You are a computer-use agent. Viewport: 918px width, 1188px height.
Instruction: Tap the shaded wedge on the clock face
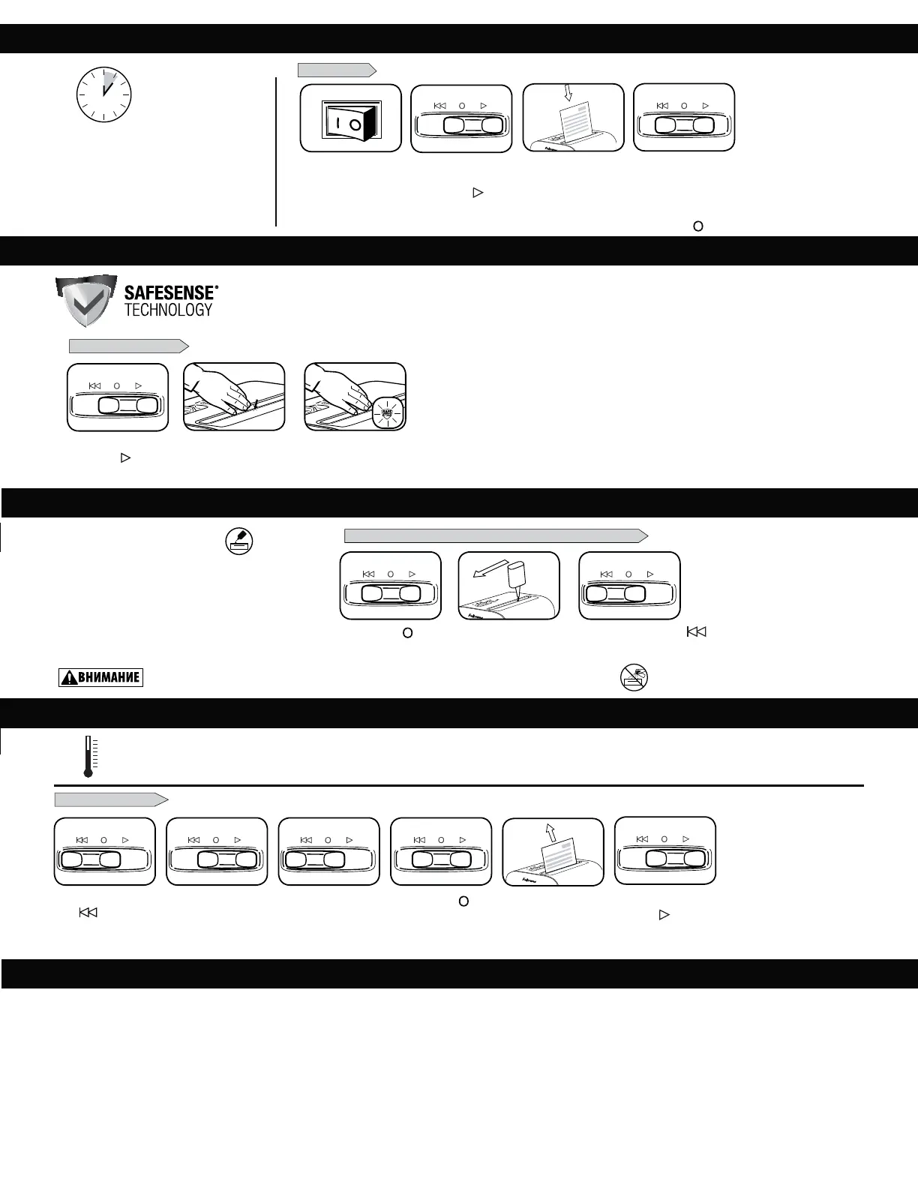click(109, 80)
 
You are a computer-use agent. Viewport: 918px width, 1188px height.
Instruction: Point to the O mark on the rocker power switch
click(355, 123)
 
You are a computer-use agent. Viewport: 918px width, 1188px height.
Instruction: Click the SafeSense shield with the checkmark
click(85, 301)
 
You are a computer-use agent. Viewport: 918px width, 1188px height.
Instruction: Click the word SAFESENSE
click(169, 292)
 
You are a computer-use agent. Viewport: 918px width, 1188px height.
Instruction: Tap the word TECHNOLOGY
click(168, 310)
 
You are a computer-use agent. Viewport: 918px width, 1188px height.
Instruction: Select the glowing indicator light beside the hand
click(388, 411)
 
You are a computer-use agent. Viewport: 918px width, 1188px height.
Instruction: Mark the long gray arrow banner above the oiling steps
click(496, 535)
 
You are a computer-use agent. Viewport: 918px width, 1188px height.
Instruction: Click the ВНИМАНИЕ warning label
click(100, 678)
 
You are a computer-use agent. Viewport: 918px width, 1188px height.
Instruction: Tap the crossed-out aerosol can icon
click(634, 677)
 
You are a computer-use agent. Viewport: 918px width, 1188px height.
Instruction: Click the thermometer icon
click(88, 756)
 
